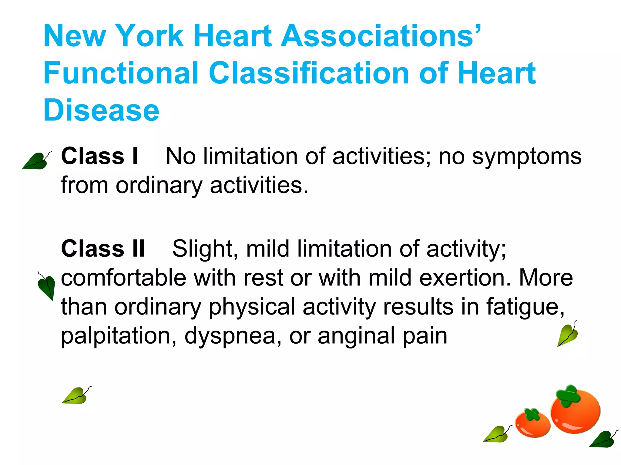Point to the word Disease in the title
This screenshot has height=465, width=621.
101,110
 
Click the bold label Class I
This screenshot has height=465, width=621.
100,156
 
